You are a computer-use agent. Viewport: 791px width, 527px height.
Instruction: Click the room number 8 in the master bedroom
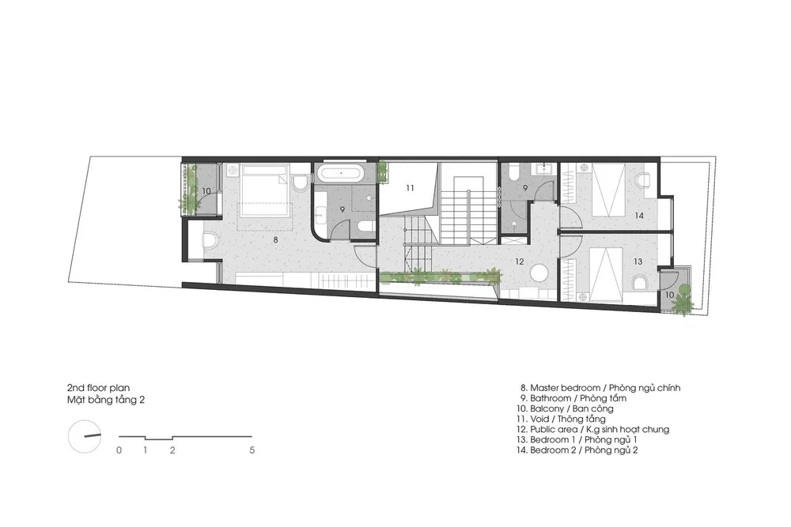pyautogui.click(x=275, y=240)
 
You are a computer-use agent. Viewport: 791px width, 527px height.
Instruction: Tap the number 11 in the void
pyautogui.click(x=410, y=188)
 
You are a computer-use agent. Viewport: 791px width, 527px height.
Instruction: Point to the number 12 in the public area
pyautogui.click(x=520, y=262)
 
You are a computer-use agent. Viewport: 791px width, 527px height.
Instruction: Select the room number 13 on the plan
pyautogui.click(x=638, y=262)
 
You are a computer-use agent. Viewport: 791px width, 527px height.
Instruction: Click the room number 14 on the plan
pyautogui.click(x=639, y=216)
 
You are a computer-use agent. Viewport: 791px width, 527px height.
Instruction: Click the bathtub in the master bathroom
pyautogui.click(x=340, y=173)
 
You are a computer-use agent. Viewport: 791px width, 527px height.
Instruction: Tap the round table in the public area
pyautogui.click(x=539, y=273)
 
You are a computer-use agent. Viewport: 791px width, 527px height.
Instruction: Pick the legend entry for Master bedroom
pyautogui.click(x=600, y=388)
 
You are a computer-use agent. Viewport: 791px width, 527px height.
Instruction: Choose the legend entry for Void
pyautogui.click(x=561, y=419)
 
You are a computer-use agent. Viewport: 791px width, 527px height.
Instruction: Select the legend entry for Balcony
pyautogui.click(x=565, y=408)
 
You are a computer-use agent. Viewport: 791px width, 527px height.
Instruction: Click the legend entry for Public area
pyautogui.click(x=592, y=429)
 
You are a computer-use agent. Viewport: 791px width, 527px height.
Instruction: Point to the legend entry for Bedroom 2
pyautogui.click(x=577, y=450)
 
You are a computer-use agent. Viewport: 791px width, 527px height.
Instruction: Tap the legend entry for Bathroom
pyautogui.click(x=573, y=398)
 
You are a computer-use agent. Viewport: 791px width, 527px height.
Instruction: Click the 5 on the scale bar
pyautogui.click(x=252, y=450)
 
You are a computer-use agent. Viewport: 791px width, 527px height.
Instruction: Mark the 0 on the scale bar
pyautogui.click(x=119, y=450)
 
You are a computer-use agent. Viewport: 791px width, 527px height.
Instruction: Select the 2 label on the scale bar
pyautogui.click(x=172, y=450)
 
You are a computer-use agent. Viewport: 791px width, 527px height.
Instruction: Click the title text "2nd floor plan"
pyautogui.click(x=98, y=388)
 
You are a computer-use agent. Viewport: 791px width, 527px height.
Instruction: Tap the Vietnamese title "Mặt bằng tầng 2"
pyautogui.click(x=106, y=400)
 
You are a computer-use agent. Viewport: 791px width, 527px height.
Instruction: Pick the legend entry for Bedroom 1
pyautogui.click(x=577, y=440)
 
